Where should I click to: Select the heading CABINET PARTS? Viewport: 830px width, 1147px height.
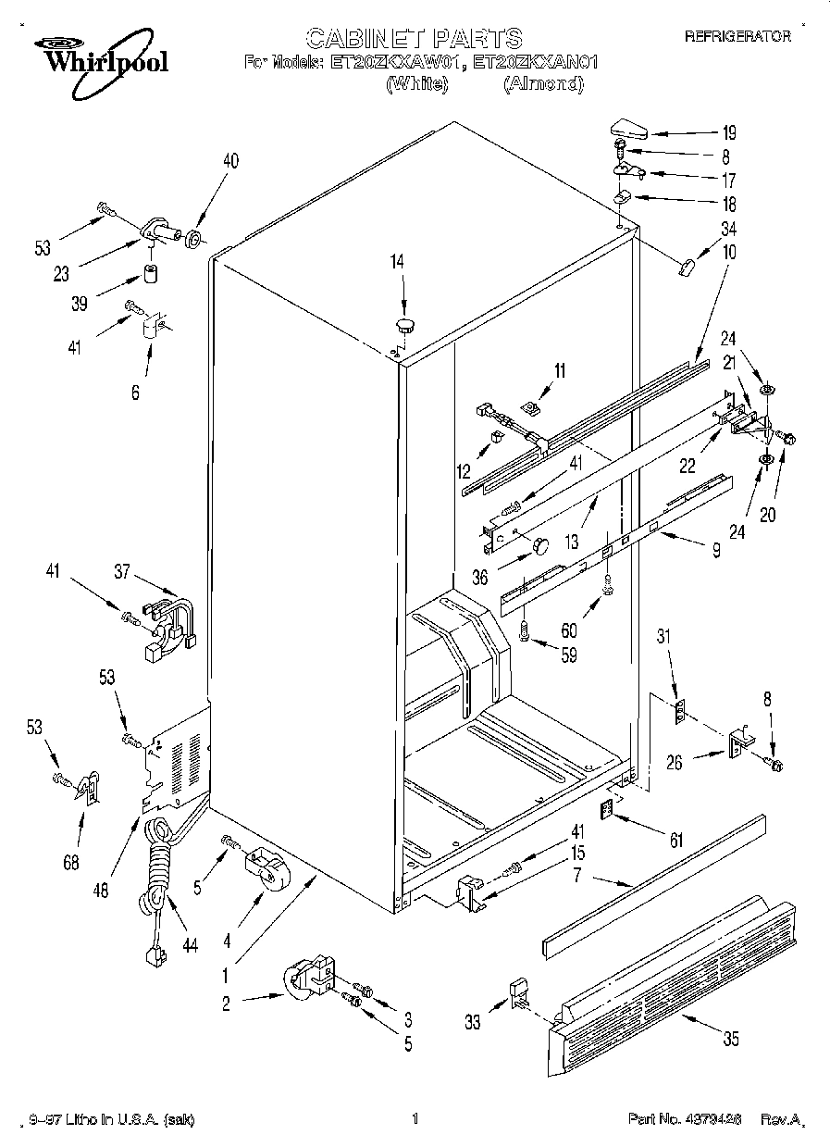click(x=414, y=37)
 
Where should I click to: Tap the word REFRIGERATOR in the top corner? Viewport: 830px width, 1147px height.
click(x=737, y=37)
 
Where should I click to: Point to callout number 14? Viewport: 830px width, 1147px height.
click(x=397, y=262)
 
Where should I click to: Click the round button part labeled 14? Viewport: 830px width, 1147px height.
click(x=404, y=324)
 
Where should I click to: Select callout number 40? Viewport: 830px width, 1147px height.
click(x=229, y=160)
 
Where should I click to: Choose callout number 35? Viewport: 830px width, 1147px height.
click(x=730, y=1040)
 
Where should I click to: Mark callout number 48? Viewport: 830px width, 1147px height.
click(x=101, y=891)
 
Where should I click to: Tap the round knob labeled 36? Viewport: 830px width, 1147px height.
click(x=539, y=545)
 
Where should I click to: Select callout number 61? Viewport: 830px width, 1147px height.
click(x=676, y=841)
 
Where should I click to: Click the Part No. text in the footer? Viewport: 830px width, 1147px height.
click(x=684, y=1119)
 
